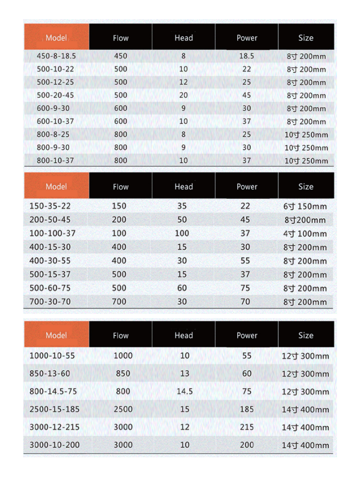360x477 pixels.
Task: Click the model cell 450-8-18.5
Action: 56,56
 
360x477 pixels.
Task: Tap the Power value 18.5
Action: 246,56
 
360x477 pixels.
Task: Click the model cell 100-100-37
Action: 53,233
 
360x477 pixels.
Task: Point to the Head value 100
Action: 182,233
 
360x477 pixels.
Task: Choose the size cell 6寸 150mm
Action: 305,206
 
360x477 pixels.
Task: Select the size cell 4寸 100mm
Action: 305,234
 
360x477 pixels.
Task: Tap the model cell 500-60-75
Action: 50,288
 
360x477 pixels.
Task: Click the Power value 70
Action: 245,302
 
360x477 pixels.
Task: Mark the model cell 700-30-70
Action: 50,302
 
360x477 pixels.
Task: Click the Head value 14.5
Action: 184,391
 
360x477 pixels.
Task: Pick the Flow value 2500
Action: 123,409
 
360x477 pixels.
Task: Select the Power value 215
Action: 247,427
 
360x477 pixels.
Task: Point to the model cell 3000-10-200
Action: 54,445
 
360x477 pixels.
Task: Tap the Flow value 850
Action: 123,373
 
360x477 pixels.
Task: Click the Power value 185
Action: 247,409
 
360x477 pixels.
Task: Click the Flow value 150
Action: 119,206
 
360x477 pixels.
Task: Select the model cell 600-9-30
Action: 53,108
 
